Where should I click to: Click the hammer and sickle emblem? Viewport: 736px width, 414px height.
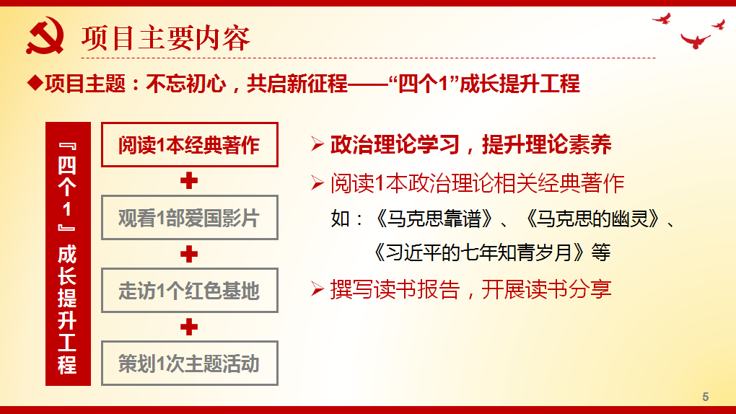[45, 38]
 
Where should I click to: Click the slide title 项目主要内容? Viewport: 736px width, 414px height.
[165, 38]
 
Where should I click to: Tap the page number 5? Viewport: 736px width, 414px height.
[706, 397]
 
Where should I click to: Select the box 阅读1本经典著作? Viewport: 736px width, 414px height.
[189, 145]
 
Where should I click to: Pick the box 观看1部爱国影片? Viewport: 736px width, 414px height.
[189, 218]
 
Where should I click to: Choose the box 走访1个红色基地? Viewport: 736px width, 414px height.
[189, 291]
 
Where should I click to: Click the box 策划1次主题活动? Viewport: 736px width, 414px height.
[189, 364]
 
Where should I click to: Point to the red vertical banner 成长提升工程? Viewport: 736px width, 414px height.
[68, 254]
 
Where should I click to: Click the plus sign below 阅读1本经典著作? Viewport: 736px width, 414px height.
[189, 181]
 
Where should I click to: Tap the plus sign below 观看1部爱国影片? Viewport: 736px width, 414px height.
[189, 254]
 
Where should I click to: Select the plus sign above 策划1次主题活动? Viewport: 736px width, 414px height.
[189, 327]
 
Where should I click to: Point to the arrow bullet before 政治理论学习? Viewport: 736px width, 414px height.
[317, 145]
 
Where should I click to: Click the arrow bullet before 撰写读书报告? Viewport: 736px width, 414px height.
[317, 290]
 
